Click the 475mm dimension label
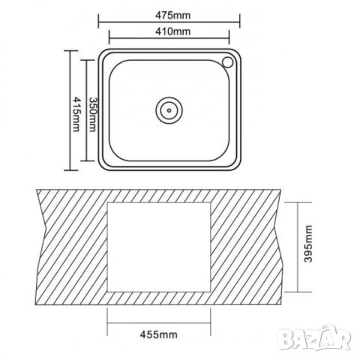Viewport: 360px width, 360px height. [172, 16]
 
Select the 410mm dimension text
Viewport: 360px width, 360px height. [172, 31]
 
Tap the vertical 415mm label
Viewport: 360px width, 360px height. [76, 114]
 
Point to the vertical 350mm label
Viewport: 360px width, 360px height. [92, 114]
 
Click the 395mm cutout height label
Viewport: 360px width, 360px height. [308, 244]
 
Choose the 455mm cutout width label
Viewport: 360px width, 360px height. [159, 334]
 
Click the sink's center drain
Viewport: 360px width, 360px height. [169, 110]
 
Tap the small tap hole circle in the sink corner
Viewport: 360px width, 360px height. [228, 62]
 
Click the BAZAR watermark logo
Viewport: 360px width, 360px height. [314, 339]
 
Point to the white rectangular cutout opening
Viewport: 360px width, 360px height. [159, 247]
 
